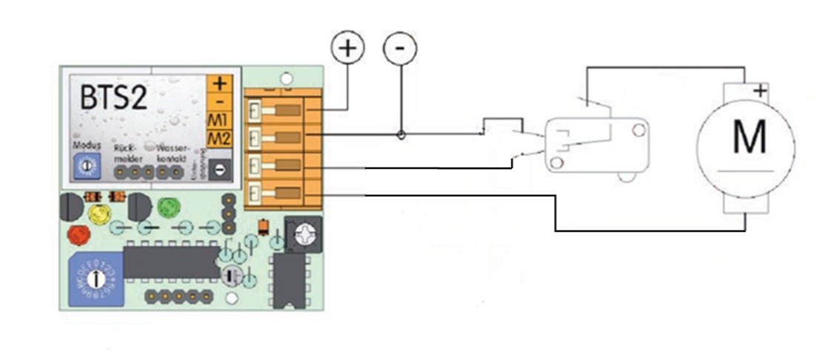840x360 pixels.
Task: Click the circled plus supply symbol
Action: (x=348, y=49)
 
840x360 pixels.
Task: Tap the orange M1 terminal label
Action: (x=219, y=120)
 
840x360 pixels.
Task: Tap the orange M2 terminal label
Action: (x=219, y=138)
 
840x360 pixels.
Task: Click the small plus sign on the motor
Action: (x=759, y=92)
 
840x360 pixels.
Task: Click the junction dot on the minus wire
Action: (x=401, y=135)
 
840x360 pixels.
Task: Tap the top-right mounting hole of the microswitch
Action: (x=636, y=130)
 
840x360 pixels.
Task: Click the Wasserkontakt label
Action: (x=174, y=152)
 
